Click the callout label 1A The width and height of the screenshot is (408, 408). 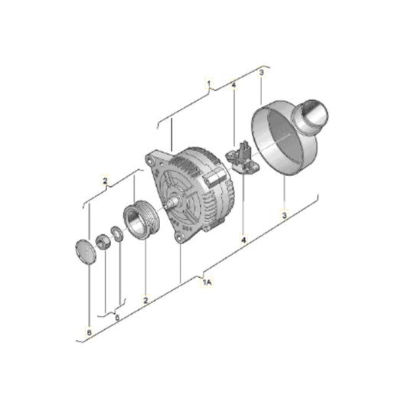pos(207,282)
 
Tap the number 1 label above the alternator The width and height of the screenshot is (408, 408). pos(209,83)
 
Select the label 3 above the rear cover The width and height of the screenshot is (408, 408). pos(261,73)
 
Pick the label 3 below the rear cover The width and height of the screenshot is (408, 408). pos(284,215)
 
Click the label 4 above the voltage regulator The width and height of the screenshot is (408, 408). pos(233,85)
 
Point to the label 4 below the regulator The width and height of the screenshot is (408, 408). pos(243,240)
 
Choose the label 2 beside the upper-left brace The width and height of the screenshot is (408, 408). pos(105,181)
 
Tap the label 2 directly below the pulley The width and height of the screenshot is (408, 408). pos(145,300)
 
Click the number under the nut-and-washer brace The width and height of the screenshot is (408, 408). pos(117,317)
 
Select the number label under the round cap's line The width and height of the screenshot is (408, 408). pos(90,332)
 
